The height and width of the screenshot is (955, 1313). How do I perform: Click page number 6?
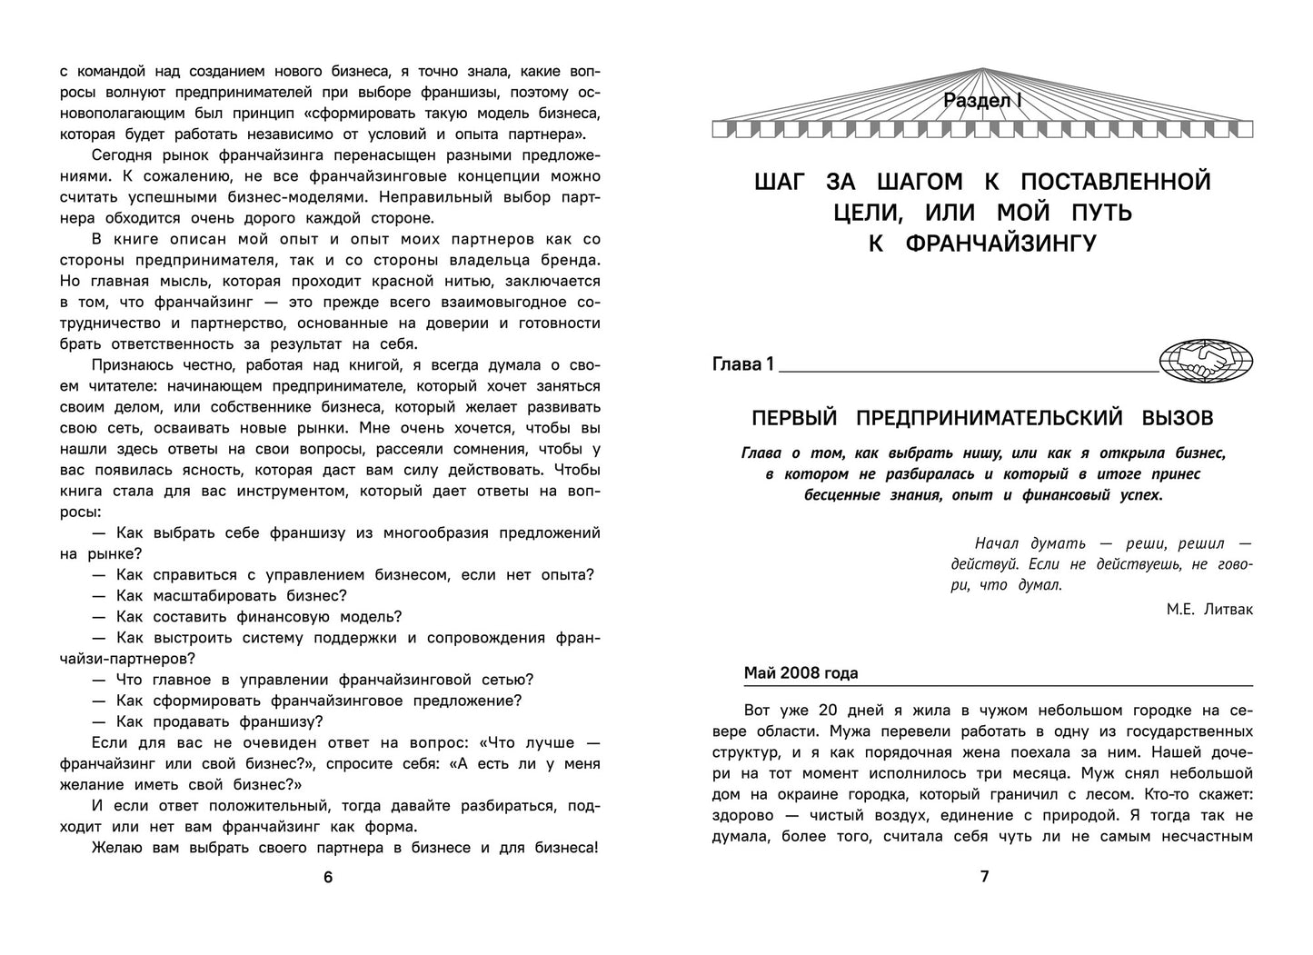(329, 877)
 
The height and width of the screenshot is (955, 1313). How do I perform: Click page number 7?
(984, 877)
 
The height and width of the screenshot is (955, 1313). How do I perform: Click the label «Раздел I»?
(983, 101)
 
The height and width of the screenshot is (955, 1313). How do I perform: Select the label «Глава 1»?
(743, 364)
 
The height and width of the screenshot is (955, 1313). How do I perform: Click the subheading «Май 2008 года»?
(801, 673)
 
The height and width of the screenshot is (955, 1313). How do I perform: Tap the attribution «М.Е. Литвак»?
(1209, 609)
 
